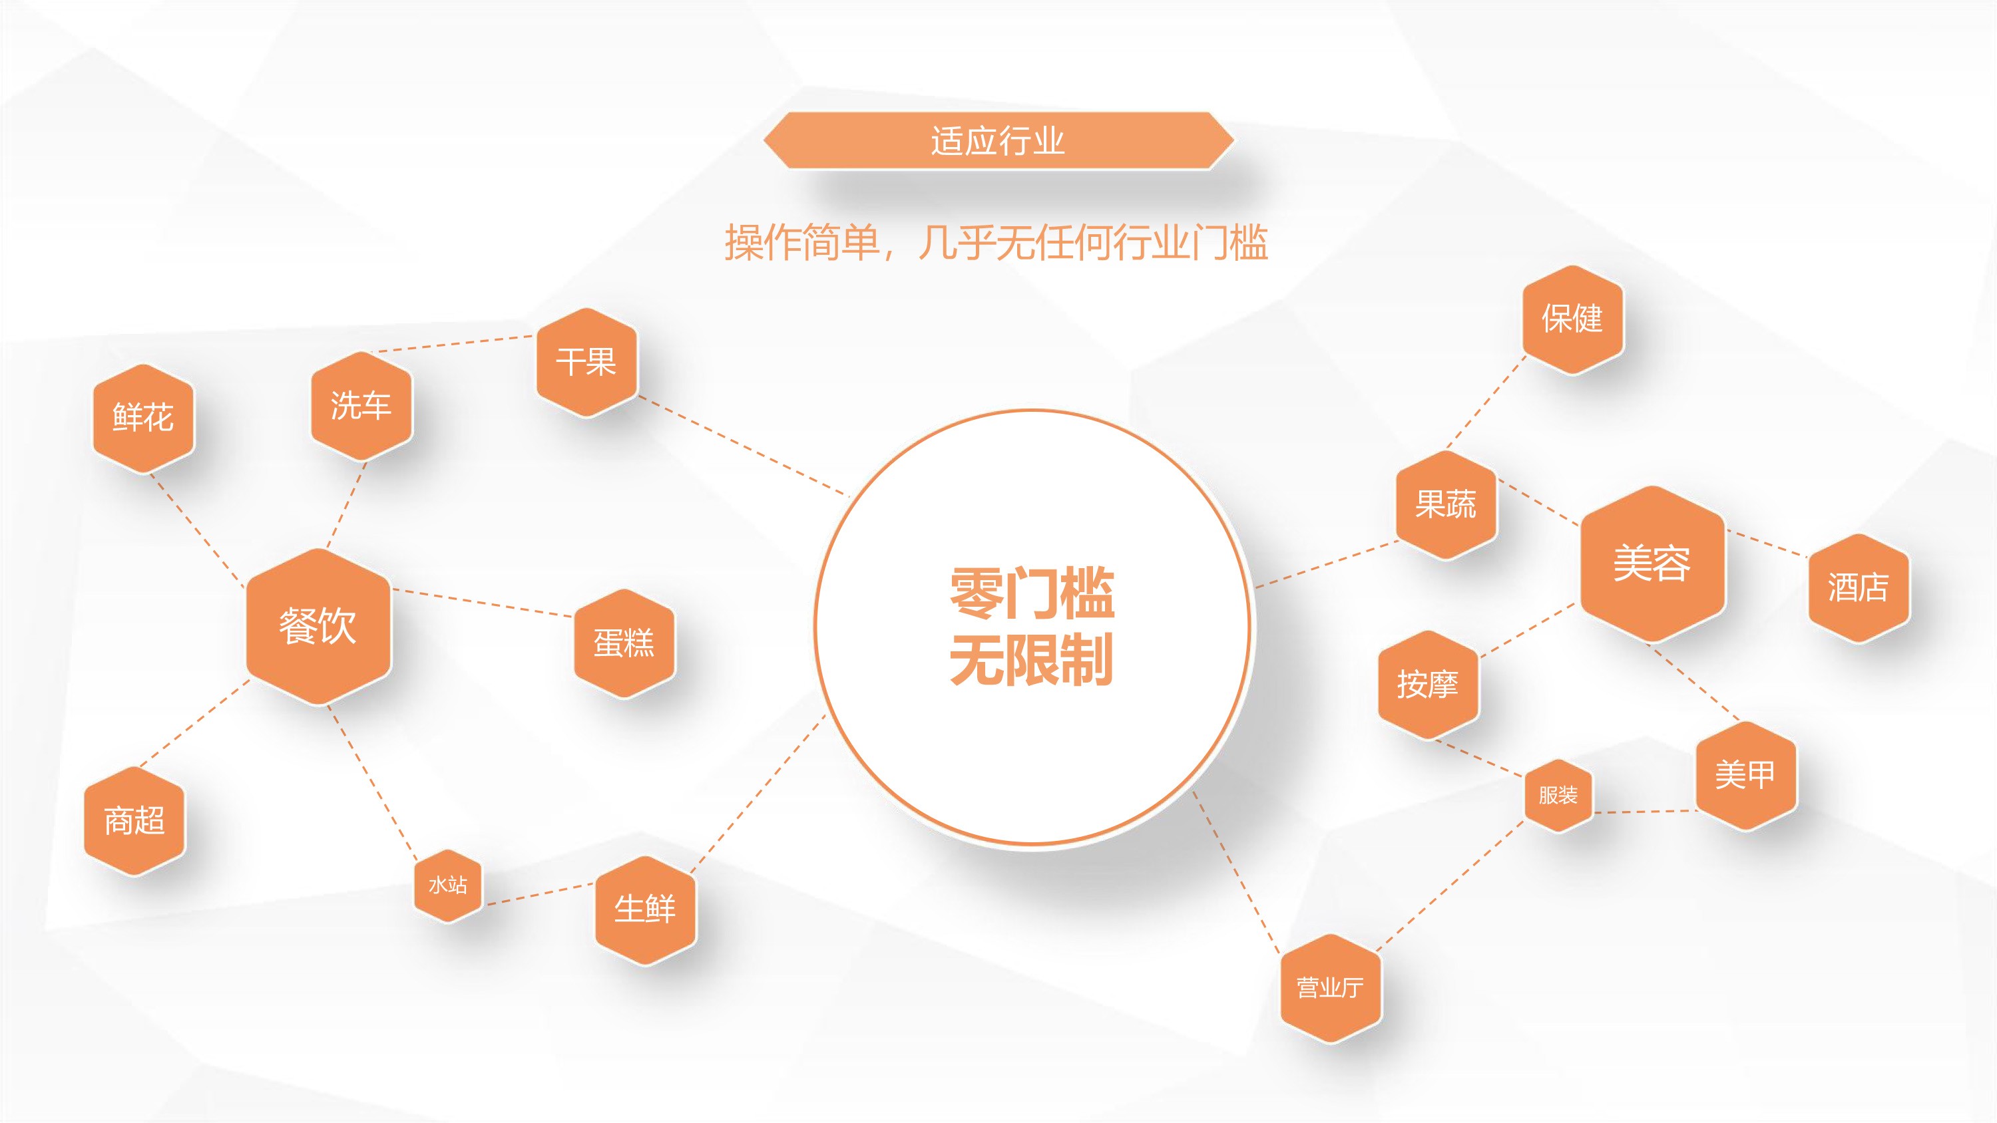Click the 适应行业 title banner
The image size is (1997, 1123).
point(998,140)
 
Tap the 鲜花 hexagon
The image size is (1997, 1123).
point(143,418)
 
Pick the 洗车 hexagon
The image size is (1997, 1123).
point(361,406)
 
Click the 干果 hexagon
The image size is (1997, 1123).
point(587,362)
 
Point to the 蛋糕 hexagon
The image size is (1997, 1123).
point(624,643)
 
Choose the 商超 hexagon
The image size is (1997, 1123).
point(134,821)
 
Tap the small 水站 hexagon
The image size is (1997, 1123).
point(448,885)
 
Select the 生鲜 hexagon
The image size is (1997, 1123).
point(646,909)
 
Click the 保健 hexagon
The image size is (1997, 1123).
point(1572,319)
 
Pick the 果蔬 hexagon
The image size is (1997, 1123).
point(1446,504)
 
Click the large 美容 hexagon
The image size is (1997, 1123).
point(1653,563)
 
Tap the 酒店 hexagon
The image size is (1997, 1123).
point(1859,587)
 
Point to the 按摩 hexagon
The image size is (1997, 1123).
point(1428,685)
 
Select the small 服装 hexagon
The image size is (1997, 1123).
point(1558,795)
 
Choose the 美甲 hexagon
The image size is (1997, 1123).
point(1745,775)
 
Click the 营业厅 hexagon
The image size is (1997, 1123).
point(1330,988)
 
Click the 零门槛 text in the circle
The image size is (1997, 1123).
point(1032,593)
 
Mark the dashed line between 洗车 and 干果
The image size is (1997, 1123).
point(453,344)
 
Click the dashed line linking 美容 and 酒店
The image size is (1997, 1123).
point(1767,544)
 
